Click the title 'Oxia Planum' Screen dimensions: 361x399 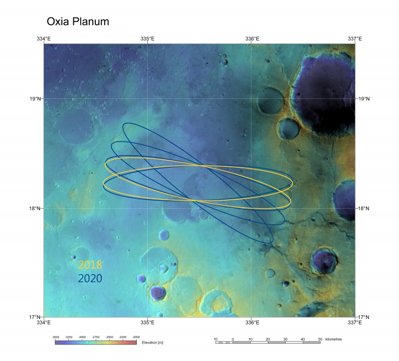(x=77, y=22)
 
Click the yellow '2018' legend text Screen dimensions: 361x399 (x=90, y=265)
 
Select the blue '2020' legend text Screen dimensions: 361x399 (x=90, y=278)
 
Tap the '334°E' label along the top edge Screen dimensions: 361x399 (x=44, y=38)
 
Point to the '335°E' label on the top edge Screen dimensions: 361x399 (x=148, y=38)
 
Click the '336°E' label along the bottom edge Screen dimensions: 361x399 (x=251, y=322)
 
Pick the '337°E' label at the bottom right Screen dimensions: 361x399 (x=355, y=322)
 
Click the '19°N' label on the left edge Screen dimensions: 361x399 (x=35, y=99)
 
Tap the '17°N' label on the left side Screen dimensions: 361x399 (x=35, y=317)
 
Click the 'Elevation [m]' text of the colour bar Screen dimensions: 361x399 (x=152, y=343)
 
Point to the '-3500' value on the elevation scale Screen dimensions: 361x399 (x=56, y=337)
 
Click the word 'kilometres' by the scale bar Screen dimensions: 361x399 (x=333, y=339)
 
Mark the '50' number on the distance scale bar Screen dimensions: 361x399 (x=320, y=339)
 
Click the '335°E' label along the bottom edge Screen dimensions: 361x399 (x=148, y=322)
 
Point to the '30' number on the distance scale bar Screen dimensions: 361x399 (x=285, y=339)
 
